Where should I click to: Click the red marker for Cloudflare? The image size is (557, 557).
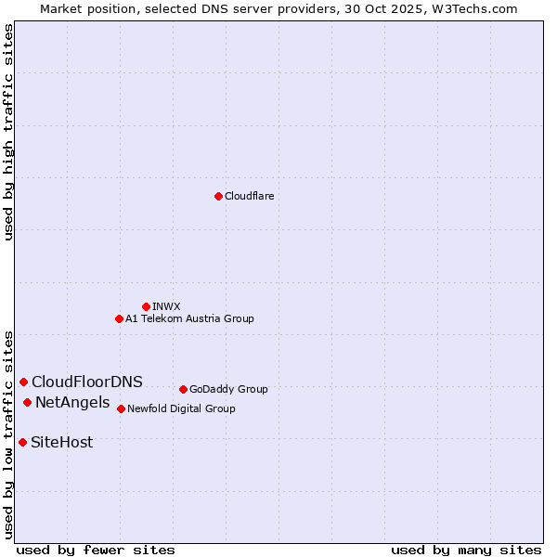[218, 196]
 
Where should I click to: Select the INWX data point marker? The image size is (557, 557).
[146, 306]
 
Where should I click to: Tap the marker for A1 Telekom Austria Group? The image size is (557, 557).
[119, 318]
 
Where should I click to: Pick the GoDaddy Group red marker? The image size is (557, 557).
[183, 389]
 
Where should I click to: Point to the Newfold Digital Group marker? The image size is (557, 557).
[121, 408]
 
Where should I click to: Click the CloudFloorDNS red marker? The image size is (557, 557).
[23, 382]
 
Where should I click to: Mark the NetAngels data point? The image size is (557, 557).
[27, 402]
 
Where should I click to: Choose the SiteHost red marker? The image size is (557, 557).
[22, 442]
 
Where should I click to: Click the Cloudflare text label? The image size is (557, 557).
[249, 196]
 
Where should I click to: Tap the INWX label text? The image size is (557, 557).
[166, 306]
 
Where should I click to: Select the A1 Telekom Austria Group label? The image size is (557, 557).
[189, 318]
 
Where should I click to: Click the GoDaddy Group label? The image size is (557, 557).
[228, 389]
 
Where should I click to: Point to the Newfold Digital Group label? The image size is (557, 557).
[181, 408]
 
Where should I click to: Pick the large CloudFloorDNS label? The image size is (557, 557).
[87, 382]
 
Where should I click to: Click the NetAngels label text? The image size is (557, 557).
[72, 402]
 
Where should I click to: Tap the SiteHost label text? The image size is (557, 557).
[62, 442]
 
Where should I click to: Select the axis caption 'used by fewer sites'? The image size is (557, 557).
[96, 550]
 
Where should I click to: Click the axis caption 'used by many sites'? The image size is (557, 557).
[466, 550]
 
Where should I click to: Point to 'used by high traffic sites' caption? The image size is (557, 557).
[8, 132]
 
